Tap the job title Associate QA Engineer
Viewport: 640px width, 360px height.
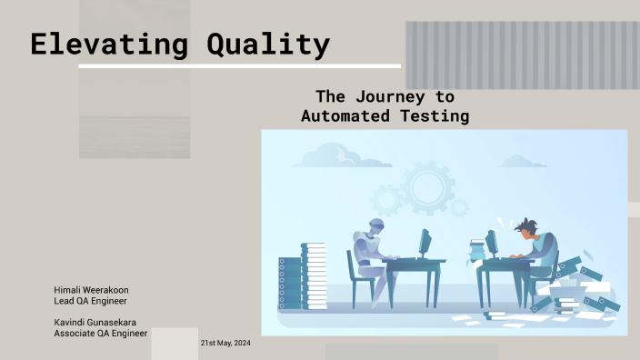coord(101,333)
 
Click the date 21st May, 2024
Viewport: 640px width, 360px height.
coord(225,344)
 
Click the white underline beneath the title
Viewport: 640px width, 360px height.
coord(239,66)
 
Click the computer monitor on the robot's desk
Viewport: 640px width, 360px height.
coord(424,243)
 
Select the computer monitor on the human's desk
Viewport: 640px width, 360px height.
coord(491,243)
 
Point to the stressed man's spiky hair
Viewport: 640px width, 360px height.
coord(525,225)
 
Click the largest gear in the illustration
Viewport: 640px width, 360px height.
coord(426,187)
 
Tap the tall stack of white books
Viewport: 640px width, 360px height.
coord(314,275)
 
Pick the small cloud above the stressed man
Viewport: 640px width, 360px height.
coord(523,162)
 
